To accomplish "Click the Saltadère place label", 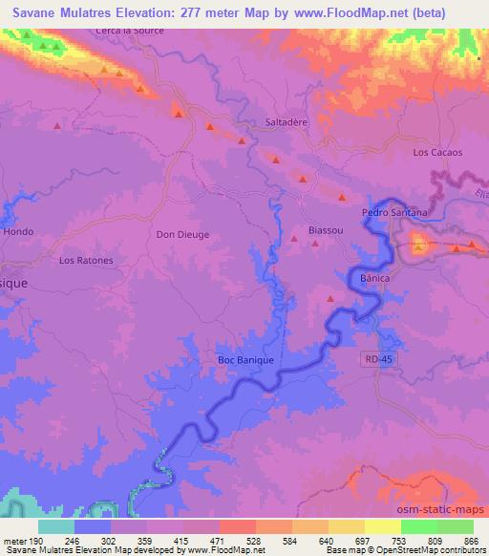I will (x=284, y=122).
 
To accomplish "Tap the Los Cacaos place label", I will (x=437, y=152).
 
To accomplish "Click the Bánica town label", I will (x=377, y=275).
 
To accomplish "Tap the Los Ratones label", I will (x=86, y=260).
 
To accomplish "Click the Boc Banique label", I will (x=245, y=360).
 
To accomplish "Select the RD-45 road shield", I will (x=378, y=358).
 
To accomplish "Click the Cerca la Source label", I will (x=130, y=31).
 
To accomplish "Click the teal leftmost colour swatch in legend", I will (x=56, y=526).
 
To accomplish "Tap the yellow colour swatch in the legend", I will (x=382, y=526).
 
